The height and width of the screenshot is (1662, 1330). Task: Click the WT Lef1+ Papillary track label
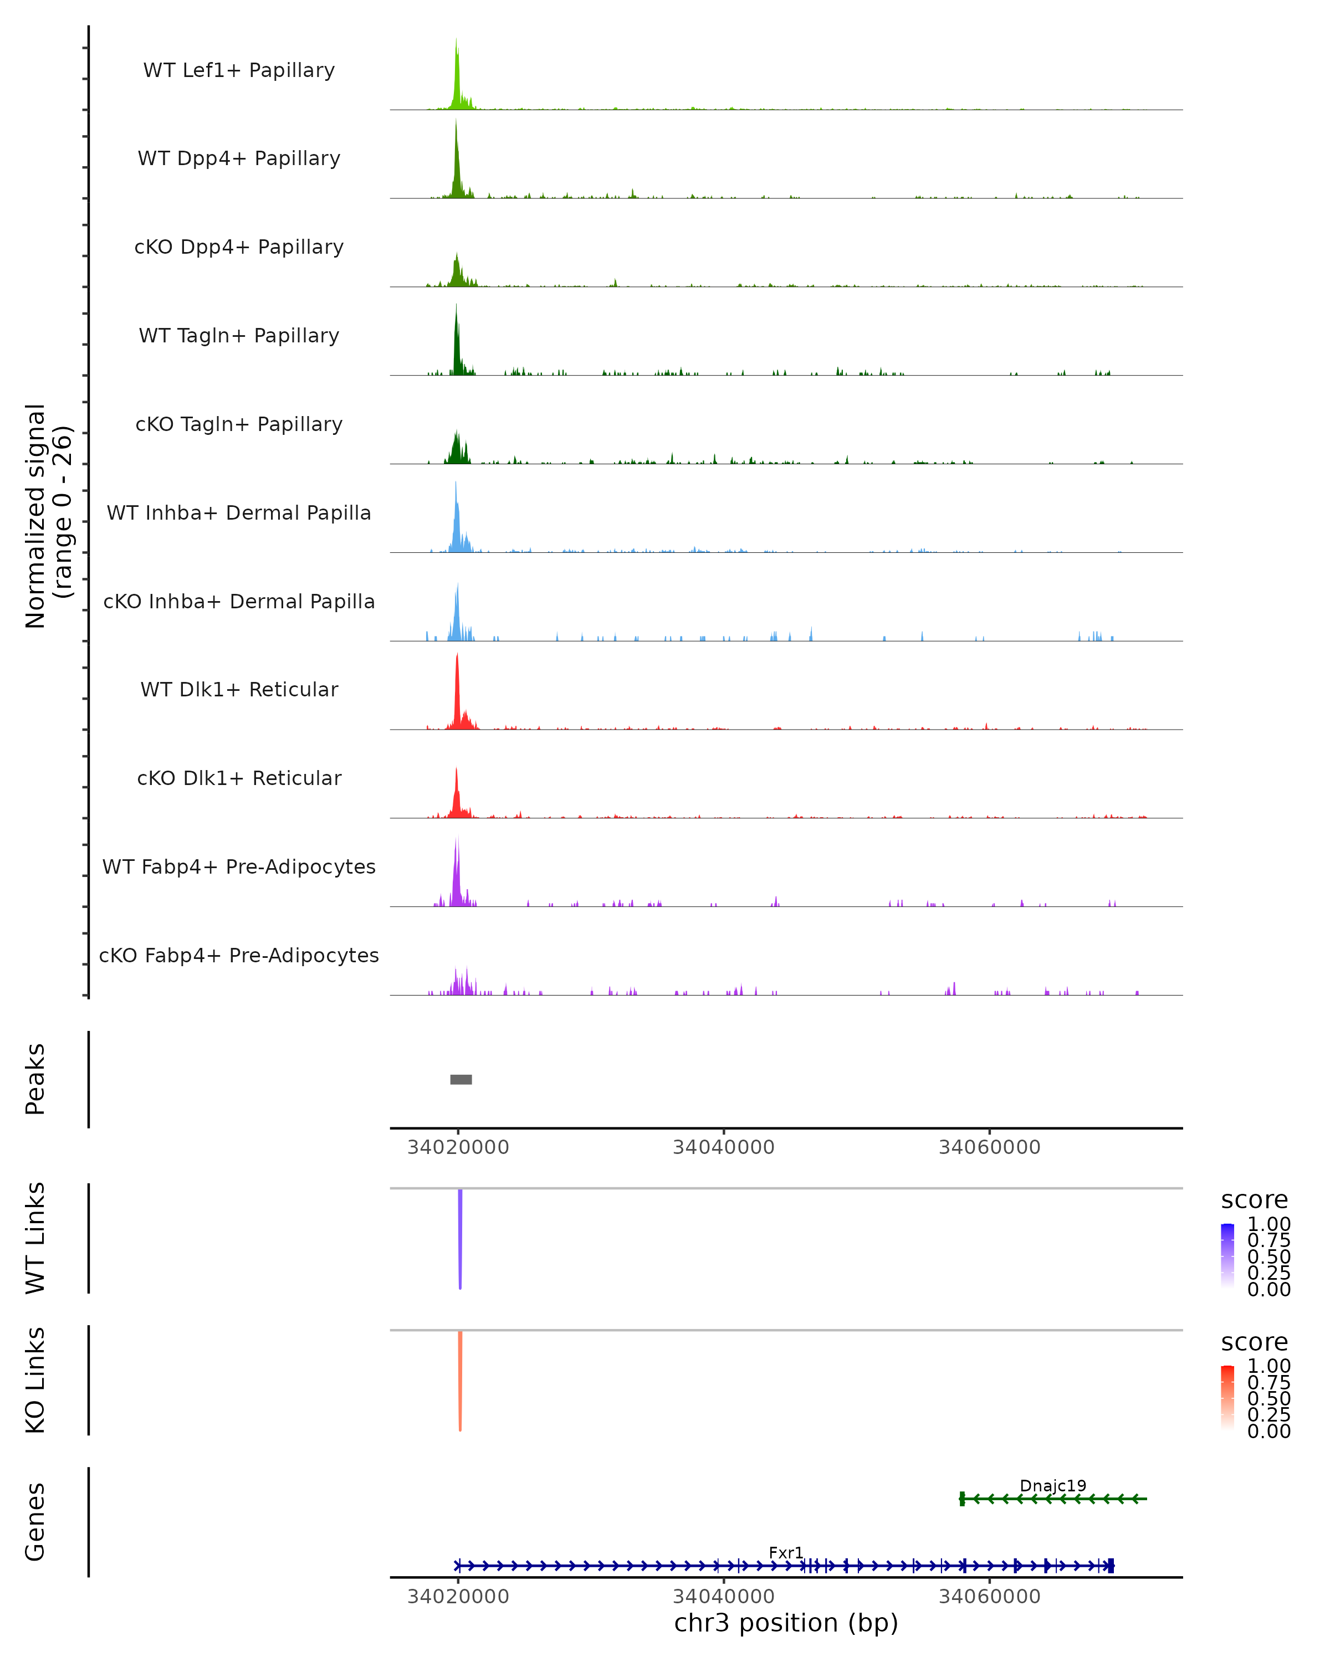click(239, 70)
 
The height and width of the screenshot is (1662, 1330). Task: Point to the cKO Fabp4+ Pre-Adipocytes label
click(239, 955)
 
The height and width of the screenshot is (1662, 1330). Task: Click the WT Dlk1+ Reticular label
click(239, 689)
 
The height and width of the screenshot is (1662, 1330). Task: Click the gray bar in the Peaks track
click(461, 1079)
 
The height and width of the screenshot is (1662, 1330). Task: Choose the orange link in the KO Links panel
click(461, 1380)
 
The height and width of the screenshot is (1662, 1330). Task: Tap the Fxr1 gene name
click(786, 1552)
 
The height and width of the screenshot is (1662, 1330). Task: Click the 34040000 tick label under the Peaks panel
click(723, 1147)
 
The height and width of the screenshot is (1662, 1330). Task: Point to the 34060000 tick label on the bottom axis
click(989, 1597)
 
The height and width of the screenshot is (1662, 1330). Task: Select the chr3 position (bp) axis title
click(786, 1623)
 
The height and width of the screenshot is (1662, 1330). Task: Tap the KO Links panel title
click(35, 1380)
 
